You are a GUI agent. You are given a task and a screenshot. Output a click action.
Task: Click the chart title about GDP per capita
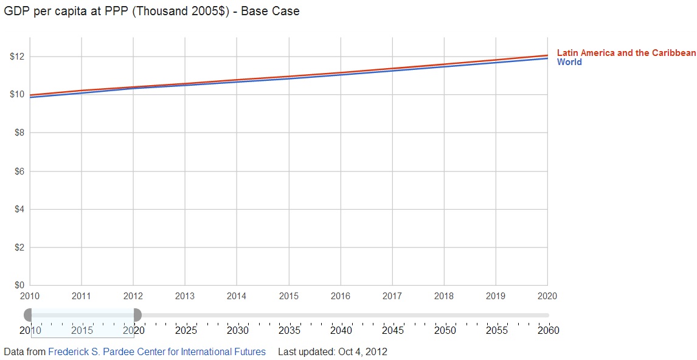click(151, 11)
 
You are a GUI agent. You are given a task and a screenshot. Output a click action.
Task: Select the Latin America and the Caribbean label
click(626, 53)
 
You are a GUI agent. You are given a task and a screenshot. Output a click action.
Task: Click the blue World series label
click(569, 62)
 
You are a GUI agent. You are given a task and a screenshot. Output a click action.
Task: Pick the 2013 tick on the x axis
click(185, 296)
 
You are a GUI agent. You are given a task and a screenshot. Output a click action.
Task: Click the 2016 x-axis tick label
click(341, 296)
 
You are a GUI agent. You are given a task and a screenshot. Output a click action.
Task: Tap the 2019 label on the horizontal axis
click(496, 296)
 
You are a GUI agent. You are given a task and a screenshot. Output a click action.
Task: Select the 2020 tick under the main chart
click(547, 296)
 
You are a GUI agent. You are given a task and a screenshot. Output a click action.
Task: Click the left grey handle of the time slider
click(28, 315)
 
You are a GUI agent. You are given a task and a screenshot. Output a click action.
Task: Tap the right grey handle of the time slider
click(137, 315)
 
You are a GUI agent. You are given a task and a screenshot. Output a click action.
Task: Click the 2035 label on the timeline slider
click(289, 331)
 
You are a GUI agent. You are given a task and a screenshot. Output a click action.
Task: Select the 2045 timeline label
click(393, 331)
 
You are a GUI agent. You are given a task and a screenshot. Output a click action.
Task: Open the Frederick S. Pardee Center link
click(157, 351)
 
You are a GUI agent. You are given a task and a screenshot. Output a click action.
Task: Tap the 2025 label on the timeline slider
click(186, 331)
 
